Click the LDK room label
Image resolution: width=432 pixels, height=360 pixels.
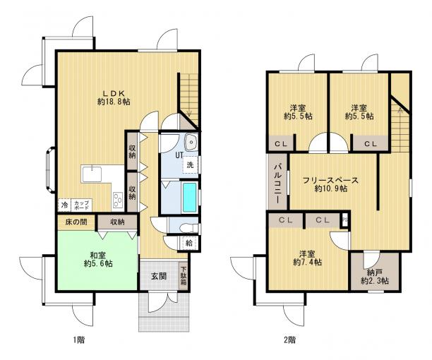tap(114, 97)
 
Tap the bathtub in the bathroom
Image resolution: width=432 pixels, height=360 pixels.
tap(190, 197)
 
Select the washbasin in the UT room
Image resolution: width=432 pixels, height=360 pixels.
tap(191, 142)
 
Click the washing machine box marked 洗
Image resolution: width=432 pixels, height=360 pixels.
tap(191, 164)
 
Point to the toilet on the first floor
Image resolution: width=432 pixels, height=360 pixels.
tap(188, 228)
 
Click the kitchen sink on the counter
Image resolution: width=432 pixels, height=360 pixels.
tap(92, 174)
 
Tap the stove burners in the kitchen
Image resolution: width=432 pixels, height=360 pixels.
tap(119, 200)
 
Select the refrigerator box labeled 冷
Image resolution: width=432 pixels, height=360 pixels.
tap(64, 205)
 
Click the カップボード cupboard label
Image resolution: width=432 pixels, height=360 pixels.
tap(82, 205)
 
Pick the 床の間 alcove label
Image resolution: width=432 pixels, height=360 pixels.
tap(76, 222)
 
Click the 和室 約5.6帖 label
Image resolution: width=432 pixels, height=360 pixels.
tap(98, 259)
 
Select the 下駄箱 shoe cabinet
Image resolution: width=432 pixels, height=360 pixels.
tap(184, 275)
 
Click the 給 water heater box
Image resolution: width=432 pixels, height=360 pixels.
tap(189, 243)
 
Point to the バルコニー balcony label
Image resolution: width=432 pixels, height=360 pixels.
tap(277, 183)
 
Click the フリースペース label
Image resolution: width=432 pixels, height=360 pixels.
tap(330, 181)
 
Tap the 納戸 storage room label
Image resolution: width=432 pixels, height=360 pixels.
tap(375, 277)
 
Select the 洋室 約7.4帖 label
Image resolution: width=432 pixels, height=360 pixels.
tap(307, 258)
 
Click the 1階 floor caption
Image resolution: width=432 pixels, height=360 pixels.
tap(79, 340)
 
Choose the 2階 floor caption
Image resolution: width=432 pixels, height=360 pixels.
tap(289, 340)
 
